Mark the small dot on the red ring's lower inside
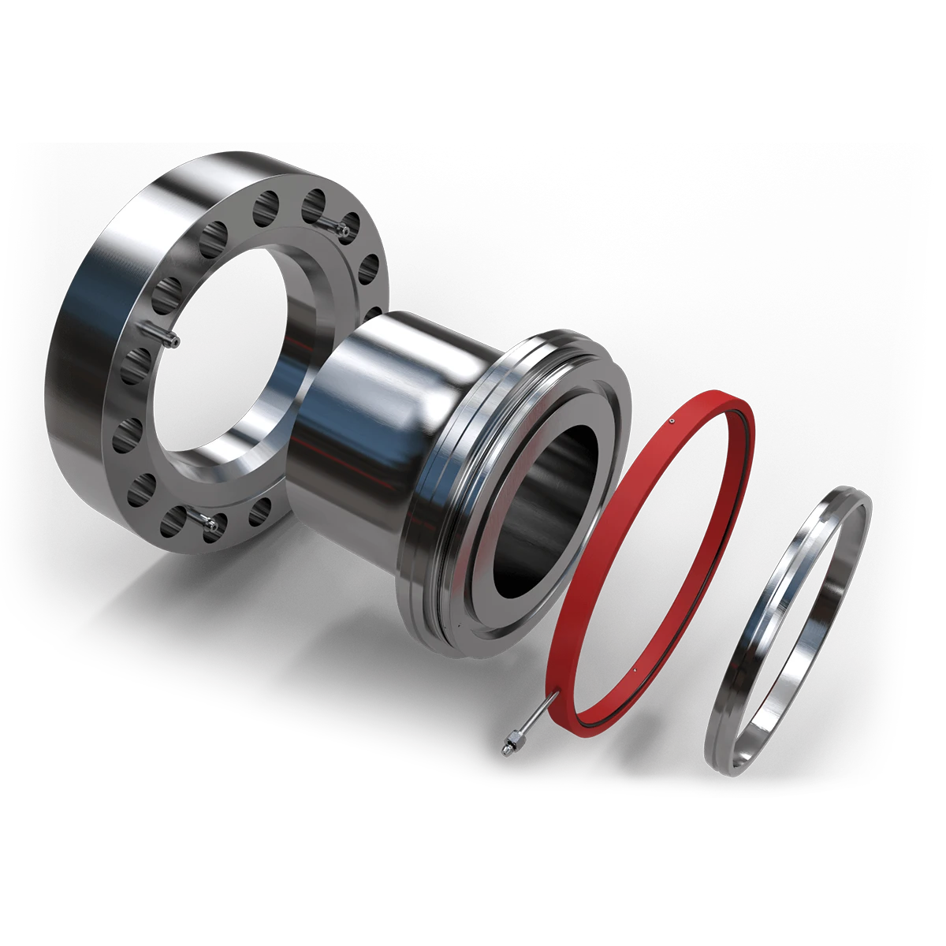(634, 671)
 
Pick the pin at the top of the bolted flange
(341, 230)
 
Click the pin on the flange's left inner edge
(169, 338)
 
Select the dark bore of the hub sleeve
(544, 505)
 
